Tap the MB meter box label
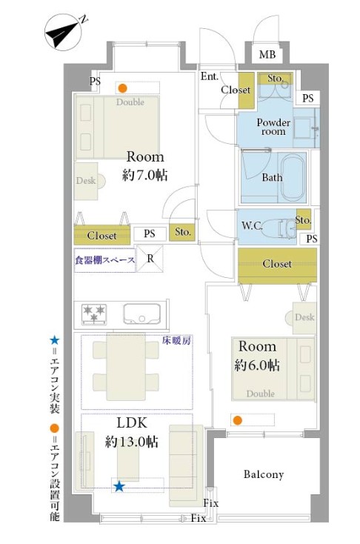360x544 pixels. tap(267, 54)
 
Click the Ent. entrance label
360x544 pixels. tap(209, 76)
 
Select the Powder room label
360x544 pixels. tap(273, 127)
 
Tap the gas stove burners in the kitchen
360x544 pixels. tap(94, 314)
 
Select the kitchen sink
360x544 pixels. tap(141, 314)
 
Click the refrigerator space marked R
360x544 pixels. tap(150, 259)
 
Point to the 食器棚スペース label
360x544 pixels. tap(104, 260)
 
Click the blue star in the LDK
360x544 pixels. tap(119, 486)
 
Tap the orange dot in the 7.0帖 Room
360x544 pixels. tap(122, 88)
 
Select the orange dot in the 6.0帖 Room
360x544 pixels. tap(237, 420)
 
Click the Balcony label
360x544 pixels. tap(264, 474)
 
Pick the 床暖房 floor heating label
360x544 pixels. tap(176, 340)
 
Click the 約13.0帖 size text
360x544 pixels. tap(131, 442)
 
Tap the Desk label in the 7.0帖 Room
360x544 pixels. tap(86, 180)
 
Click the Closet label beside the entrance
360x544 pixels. tap(236, 90)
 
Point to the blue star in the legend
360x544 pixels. tap(55, 340)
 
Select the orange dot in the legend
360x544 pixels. tap(55, 428)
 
